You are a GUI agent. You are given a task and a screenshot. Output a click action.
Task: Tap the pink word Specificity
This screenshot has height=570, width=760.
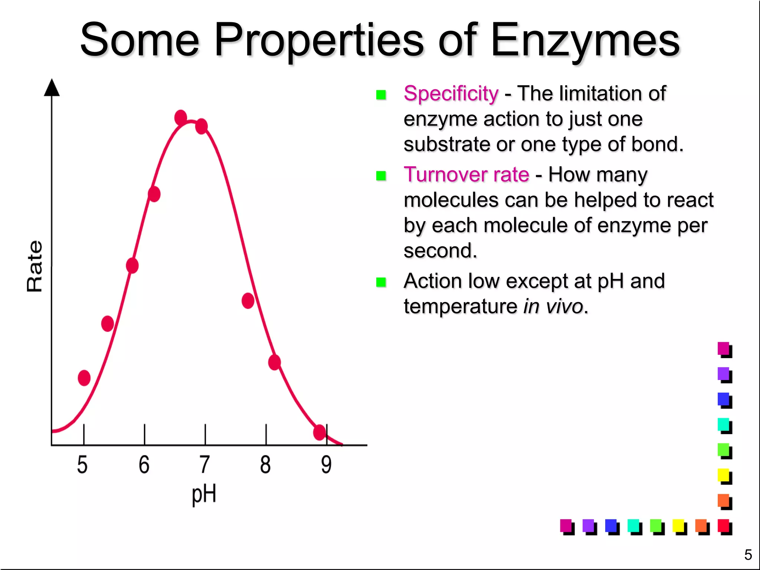point(451,93)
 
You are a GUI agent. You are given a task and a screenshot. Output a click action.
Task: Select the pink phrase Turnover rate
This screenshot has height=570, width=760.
point(466,174)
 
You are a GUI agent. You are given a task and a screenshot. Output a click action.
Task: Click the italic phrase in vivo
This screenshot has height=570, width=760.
point(553,307)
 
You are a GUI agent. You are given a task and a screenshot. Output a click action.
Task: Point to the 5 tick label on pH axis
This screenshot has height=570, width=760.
point(82,465)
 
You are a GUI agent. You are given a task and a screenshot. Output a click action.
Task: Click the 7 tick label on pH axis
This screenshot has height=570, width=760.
point(204,465)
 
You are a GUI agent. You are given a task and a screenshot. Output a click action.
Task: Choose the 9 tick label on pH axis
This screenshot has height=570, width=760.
point(326,465)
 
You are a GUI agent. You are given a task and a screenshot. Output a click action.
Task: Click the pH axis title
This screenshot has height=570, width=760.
point(204,495)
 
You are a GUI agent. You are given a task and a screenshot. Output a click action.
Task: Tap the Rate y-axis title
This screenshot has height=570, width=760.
point(35,266)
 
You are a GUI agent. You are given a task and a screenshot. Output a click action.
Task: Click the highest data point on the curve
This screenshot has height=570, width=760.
point(181,118)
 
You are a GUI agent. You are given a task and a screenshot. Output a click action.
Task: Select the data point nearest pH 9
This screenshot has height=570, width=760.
point(320,432)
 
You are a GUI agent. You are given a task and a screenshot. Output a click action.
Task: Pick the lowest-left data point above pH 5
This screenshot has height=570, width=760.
point(84,378)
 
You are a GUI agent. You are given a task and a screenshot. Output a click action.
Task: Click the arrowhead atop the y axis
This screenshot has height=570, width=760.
point(52,88)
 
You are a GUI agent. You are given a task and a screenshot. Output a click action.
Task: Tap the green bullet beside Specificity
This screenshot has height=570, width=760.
point(381,95)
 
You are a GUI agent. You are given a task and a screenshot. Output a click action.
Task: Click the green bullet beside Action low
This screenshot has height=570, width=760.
point(381,282)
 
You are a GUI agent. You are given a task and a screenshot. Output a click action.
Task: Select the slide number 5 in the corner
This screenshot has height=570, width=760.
point(748,555)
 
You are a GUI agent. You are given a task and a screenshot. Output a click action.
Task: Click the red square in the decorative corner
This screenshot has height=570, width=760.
point(723,526)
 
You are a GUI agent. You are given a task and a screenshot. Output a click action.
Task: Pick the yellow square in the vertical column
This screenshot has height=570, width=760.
point(723,475)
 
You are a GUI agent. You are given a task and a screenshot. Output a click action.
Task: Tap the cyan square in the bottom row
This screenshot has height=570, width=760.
point(633,526)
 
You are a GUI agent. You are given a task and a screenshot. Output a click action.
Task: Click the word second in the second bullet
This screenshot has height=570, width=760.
point(440,251)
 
